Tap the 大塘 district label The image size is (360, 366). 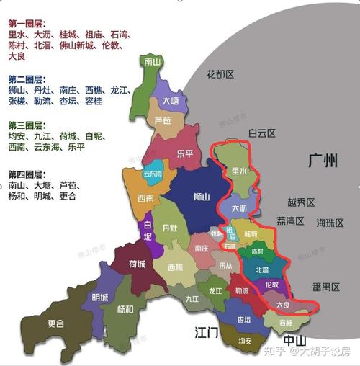pyautogui.click(x=171, y=102)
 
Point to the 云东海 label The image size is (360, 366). pyautogui.click(x=153, y=174)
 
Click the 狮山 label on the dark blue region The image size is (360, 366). pyautogui.click(x=202, y=196)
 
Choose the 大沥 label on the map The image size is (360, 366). pyautogui.click(x=241, y=208)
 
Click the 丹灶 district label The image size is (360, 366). pyautogui.click(x=171, y=228)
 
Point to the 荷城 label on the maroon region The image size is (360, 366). pyautogui.click(x=137, y=264)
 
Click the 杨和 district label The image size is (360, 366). pyautogui.click(x=125, y=309)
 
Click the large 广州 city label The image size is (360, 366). pyautogui.click(x=321, y=161)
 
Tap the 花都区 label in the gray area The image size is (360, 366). pyautogui.click(x=220, y=73)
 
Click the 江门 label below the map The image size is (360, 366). pyautogui.click(x=207, y=332)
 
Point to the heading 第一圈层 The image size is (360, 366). pyautogui.click(x=24, y=23)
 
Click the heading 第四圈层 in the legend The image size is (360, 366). pyautogui.click(x=24, y=175)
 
